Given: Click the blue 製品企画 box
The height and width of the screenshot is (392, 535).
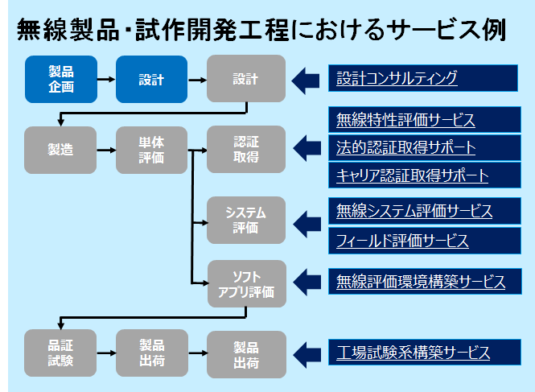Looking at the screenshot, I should [x=60, y=79].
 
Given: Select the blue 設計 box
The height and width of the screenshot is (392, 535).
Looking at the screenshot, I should [x=150, y=79].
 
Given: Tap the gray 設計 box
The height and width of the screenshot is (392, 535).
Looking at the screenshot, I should [x=245, y=79].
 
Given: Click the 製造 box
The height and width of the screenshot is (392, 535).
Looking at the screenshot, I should [x=60, y=150].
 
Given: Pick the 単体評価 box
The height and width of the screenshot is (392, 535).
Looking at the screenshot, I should [x=150, y=150].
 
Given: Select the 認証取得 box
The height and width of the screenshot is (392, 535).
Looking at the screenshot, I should [x=245, y=150].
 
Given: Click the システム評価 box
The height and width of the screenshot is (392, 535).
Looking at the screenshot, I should [x=245, y=220].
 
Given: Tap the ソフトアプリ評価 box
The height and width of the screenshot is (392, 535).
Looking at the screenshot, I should [x=245, y=283].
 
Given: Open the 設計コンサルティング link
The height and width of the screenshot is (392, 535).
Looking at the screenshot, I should [x=397, y=78].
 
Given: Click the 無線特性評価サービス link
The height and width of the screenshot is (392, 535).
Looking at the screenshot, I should [x=405, y=121].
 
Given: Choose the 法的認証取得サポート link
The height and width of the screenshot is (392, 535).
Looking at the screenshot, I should [x=405, y=148].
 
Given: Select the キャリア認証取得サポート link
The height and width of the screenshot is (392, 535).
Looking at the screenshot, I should [x=413, y=175].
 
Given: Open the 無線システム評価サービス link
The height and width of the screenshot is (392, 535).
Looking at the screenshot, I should [x=414, y=212].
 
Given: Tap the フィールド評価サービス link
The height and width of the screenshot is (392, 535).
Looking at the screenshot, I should [x=402, y=240].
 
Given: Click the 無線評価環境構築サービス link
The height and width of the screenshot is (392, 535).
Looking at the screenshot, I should [x=421, y=282].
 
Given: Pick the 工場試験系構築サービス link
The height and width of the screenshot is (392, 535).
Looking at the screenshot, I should [x=413, y=353].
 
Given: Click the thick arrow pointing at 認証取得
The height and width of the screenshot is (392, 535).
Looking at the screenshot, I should [x=307, y=149].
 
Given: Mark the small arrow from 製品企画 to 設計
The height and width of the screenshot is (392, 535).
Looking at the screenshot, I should [x=105, y=79].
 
